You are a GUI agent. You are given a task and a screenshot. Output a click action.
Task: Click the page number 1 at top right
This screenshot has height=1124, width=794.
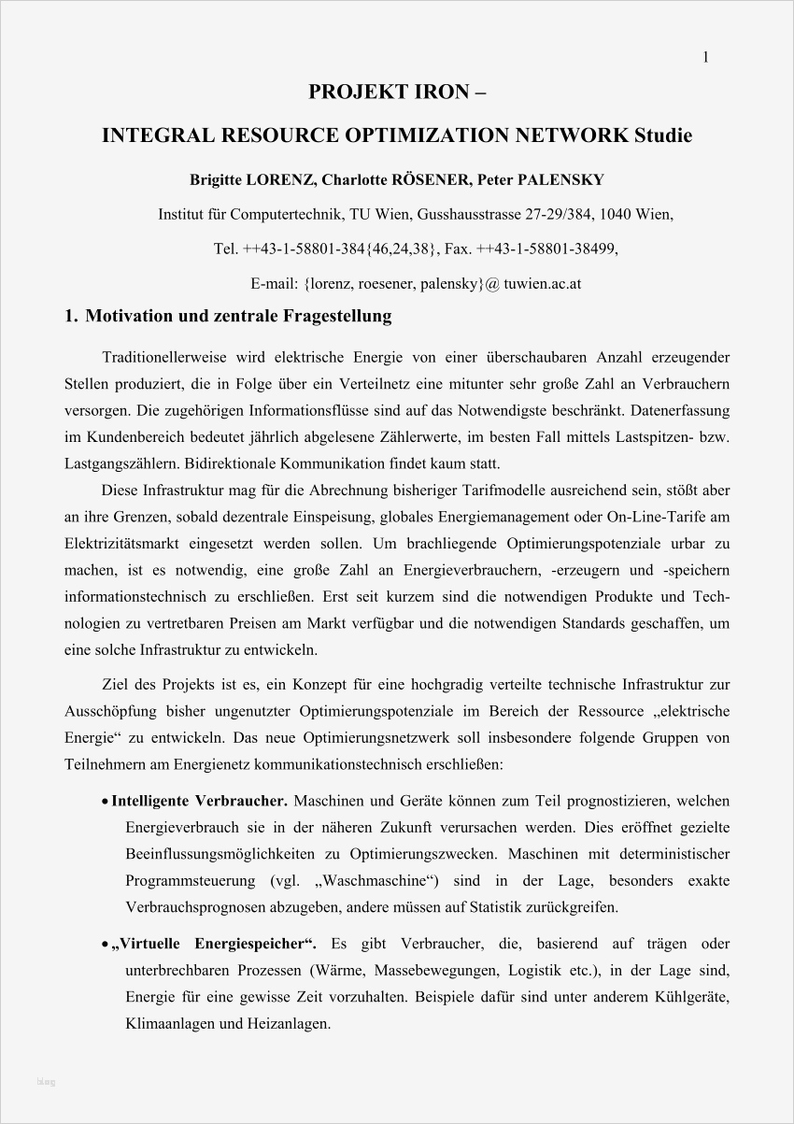706,58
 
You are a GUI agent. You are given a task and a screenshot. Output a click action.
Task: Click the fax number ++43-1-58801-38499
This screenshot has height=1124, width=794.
547,249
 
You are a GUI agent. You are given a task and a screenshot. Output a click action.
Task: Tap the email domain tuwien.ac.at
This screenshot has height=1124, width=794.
542,283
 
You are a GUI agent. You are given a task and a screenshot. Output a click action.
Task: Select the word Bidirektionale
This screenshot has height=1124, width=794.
232,462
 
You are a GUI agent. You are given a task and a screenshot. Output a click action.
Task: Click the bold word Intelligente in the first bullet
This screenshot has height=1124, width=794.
150,801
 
